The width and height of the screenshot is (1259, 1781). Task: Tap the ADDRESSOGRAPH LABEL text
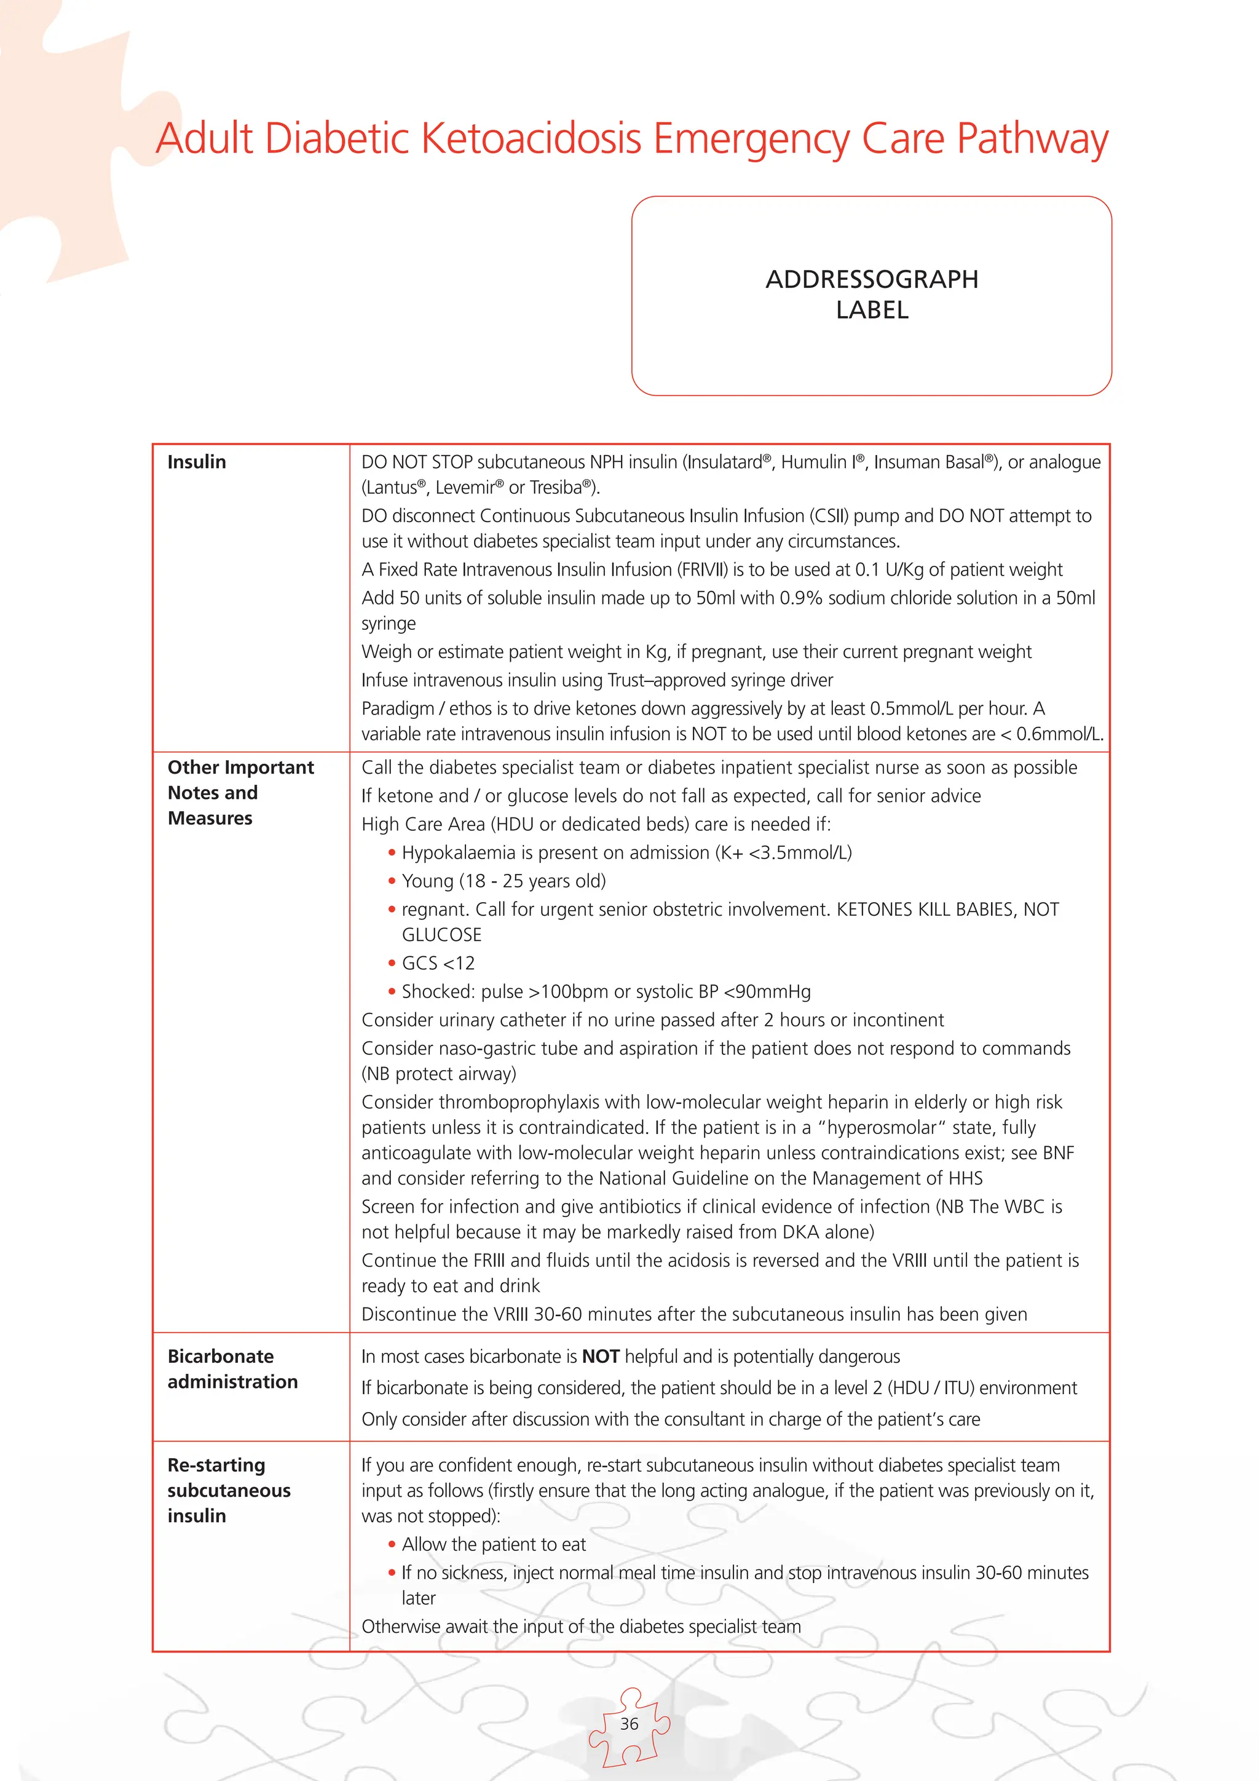pos(871,295)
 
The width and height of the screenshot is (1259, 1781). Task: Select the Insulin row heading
pos(197,462)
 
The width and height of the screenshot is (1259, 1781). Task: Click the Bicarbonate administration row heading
pos(232,1369)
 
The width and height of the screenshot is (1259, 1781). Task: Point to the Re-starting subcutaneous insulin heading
pos(229,1490)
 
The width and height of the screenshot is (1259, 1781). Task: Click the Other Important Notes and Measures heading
pos(240,793)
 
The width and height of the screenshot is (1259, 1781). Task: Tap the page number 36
pos(629,1724)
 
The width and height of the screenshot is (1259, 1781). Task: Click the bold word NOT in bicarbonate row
pos(600,1357)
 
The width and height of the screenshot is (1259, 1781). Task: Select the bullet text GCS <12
pos(438,964)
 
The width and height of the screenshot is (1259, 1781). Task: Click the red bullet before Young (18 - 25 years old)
pos(392,881)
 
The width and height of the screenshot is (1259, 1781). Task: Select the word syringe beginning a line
pos(389,624)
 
